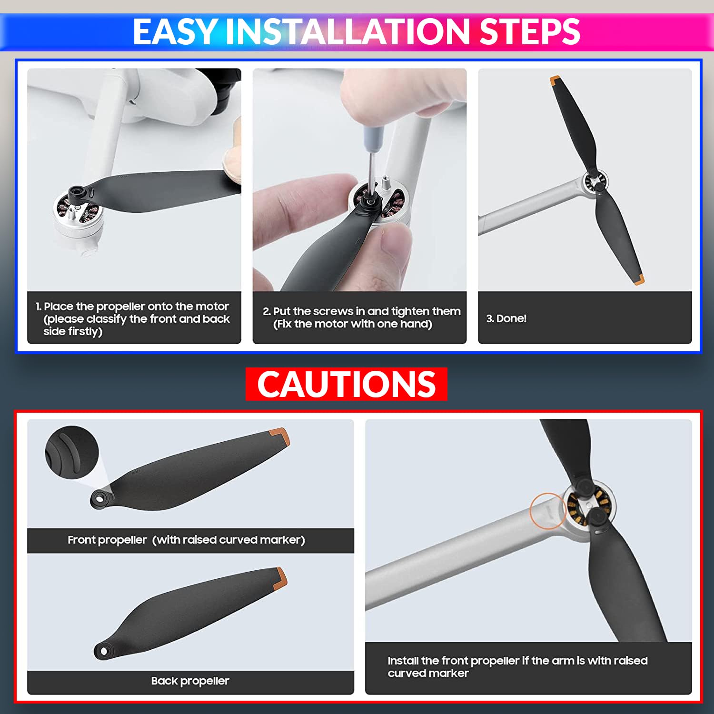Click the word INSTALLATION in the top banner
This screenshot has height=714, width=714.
(x=347, y=32)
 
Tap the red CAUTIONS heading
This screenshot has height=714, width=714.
(x=346, y=384)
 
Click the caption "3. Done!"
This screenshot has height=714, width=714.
(x=506, y=318)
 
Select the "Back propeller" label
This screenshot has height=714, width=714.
(x=190, y=681)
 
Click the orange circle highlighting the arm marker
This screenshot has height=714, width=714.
(x=548, y=511)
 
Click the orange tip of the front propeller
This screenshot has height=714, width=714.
(x=279, y=436)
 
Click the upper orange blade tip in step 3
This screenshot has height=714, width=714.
(x=555, y=81)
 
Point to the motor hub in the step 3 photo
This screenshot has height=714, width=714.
(x=595, y=182)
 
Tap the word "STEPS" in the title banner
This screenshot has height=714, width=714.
(x=529, y=32)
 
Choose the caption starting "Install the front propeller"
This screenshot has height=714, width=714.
(x=517, y=666)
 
